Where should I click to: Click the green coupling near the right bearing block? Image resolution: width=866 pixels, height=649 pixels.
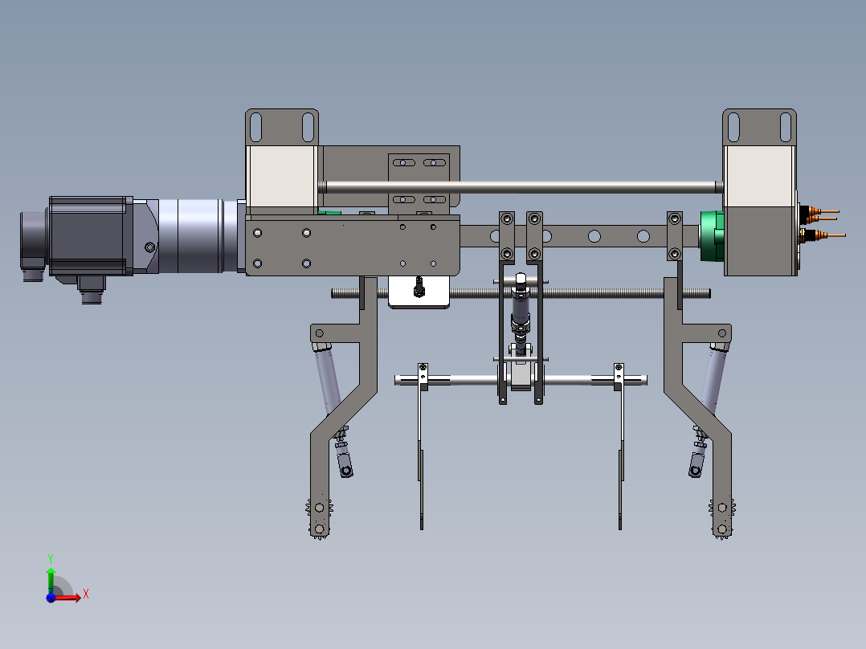711,236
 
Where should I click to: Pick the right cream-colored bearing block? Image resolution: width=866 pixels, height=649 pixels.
759,176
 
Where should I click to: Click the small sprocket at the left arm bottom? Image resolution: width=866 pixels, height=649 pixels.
319,508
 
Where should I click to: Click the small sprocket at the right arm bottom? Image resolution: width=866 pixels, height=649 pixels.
722,508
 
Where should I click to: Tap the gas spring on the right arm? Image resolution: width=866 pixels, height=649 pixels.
711,382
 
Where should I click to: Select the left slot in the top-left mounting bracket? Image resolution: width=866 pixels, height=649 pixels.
256,126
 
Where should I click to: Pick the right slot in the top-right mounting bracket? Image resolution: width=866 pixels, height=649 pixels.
785,126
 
